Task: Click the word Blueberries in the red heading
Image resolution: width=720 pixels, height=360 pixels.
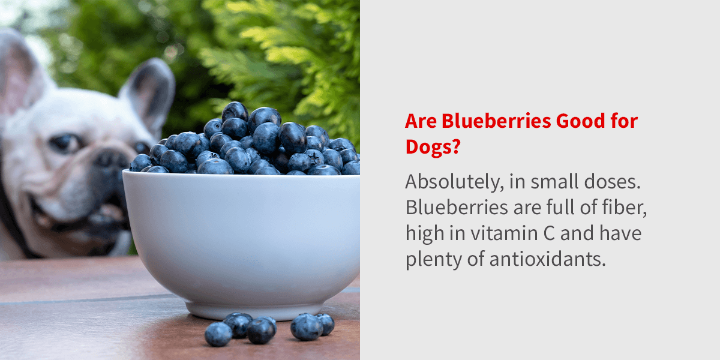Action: click(496, 121)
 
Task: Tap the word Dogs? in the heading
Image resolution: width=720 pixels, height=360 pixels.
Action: click(433, 148)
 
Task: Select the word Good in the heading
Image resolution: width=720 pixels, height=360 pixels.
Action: click(581, 121)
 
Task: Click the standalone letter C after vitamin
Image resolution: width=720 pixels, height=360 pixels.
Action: click(549, 233)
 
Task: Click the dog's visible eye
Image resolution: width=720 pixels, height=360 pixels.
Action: click(65, 142)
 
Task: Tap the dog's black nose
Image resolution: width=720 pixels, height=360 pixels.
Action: click(112, 160)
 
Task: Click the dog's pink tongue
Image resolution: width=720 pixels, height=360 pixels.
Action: click(109, 213)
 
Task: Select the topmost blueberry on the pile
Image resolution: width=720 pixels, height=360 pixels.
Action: click(235, 110)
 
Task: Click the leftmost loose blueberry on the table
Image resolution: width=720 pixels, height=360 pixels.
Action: click(218, 334)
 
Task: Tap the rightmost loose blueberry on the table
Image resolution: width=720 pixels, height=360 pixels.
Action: click(326, 323)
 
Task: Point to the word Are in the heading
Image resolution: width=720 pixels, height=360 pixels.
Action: click(421, 121)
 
